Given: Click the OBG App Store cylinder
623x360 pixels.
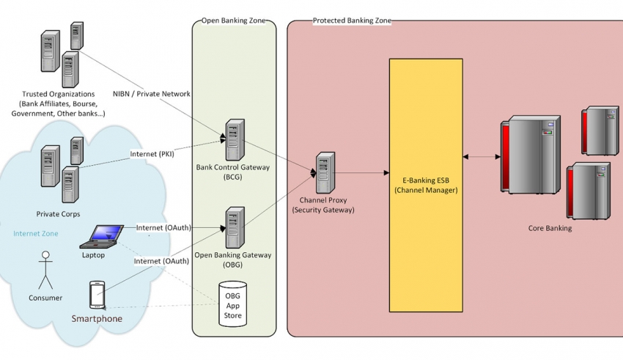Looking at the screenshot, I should [234, 303].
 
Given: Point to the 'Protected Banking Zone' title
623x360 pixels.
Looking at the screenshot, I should [351, 21].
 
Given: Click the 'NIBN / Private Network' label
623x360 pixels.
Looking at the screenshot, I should [152, 94].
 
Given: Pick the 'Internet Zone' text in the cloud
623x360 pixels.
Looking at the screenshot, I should [36, 234].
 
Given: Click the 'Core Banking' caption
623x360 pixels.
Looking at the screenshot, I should [550, 228].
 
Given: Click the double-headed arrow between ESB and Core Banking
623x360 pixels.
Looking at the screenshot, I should [481, 156].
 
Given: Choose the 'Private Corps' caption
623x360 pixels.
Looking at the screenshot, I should [58, 214].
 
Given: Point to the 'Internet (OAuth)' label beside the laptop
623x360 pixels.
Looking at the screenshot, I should [163, 227].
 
